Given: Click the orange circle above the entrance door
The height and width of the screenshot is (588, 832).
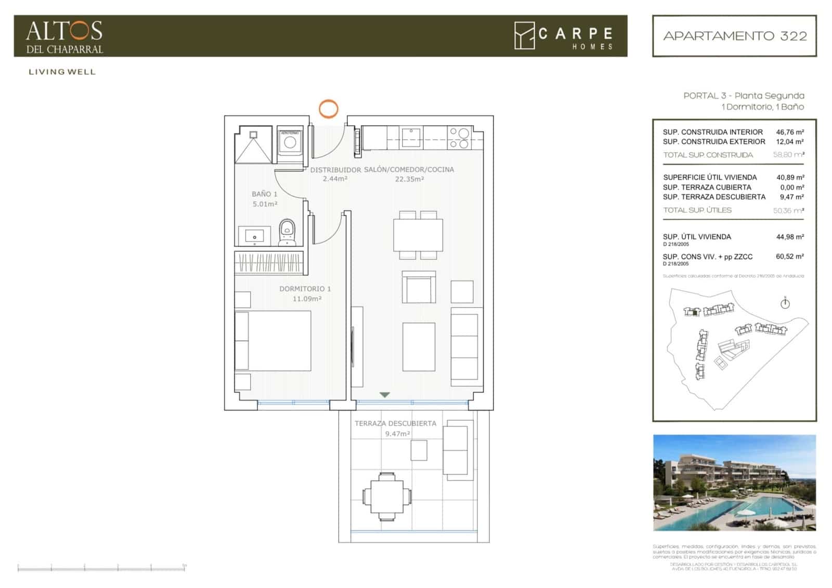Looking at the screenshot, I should click(x=328, y=109).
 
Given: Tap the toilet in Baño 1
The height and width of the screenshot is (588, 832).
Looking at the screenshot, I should click(x=287, y=232).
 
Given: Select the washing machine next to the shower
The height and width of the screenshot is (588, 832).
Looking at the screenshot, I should click(x=290, y=141).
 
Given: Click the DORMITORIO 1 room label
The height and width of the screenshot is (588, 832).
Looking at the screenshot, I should click(x=305, y=289).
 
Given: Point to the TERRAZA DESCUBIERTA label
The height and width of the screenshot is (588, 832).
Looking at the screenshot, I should click(x=395, y=423).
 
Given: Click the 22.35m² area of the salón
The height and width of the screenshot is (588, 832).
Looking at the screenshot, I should click(x=409, y=179).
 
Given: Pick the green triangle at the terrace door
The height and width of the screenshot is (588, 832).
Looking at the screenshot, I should click(x=384, y=395).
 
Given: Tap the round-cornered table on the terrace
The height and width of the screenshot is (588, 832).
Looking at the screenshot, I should click(x=387, y=496).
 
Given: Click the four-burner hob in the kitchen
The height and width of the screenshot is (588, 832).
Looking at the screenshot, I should click(x=459, y=138).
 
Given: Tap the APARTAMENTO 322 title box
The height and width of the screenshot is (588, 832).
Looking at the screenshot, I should click(x=734, y=36).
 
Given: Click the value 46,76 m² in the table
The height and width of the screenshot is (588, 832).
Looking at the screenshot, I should click(x=789, y=132).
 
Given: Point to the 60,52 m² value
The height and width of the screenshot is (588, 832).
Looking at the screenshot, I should click(x=789, y=257).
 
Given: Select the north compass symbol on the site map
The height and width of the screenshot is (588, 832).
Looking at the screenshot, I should click(x=785, y=303).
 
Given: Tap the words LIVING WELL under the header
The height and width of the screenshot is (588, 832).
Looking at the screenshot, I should click(x=62, y=72).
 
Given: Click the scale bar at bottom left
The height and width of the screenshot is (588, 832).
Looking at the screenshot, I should click(x=101, y=568).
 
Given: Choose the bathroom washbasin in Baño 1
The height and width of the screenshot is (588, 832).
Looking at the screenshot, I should click(x=254, y=236).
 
